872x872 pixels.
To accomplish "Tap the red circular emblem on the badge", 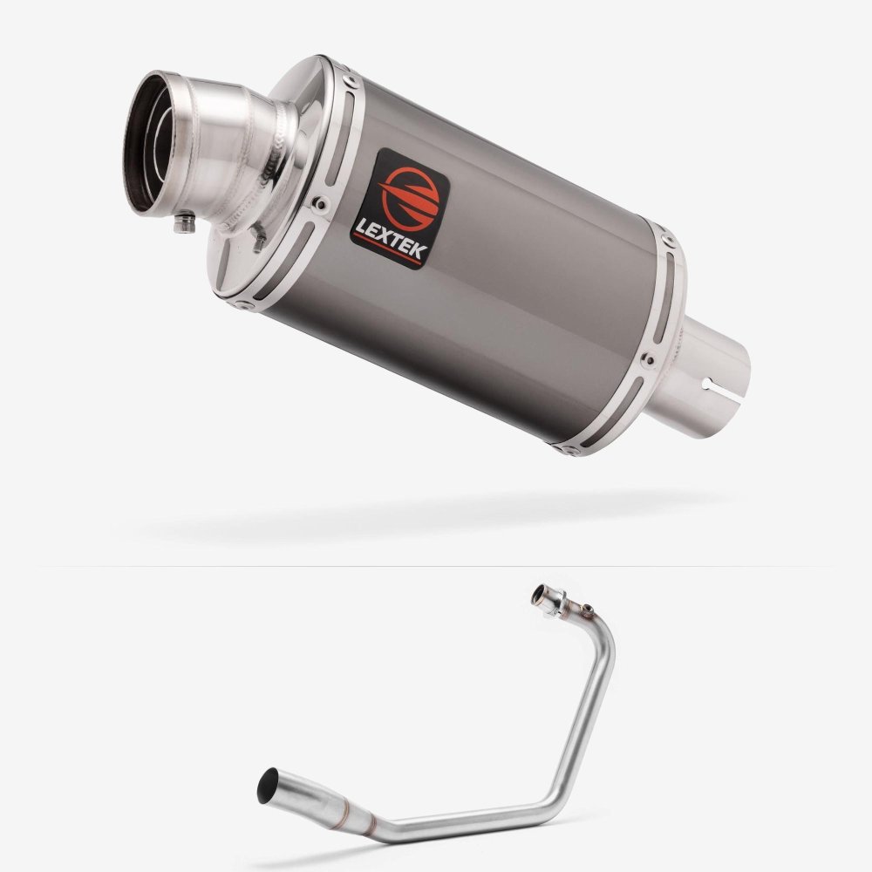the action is [410, 197].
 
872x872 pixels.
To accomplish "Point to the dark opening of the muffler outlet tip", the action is [146, 143].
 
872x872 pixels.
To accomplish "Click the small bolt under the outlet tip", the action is [185, 222].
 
